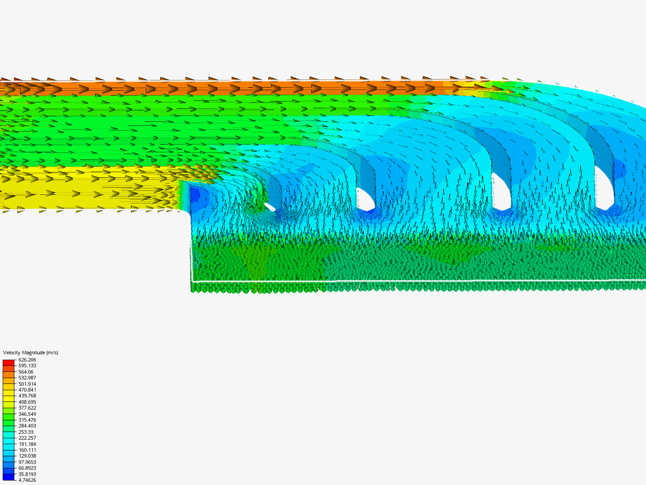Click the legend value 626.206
(x=27, y=360)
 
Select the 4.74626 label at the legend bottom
(x=27, y=480)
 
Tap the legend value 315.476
(x=27, y=420)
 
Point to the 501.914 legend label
(x=27, y=384)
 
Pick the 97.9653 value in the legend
(x=27, y=462)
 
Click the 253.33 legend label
(x=26, y=432)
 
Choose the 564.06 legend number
(x=26, y=372)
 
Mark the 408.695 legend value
(x=27, y=402)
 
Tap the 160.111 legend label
(x=27, y=450)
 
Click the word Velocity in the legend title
(x=12, y=353)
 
